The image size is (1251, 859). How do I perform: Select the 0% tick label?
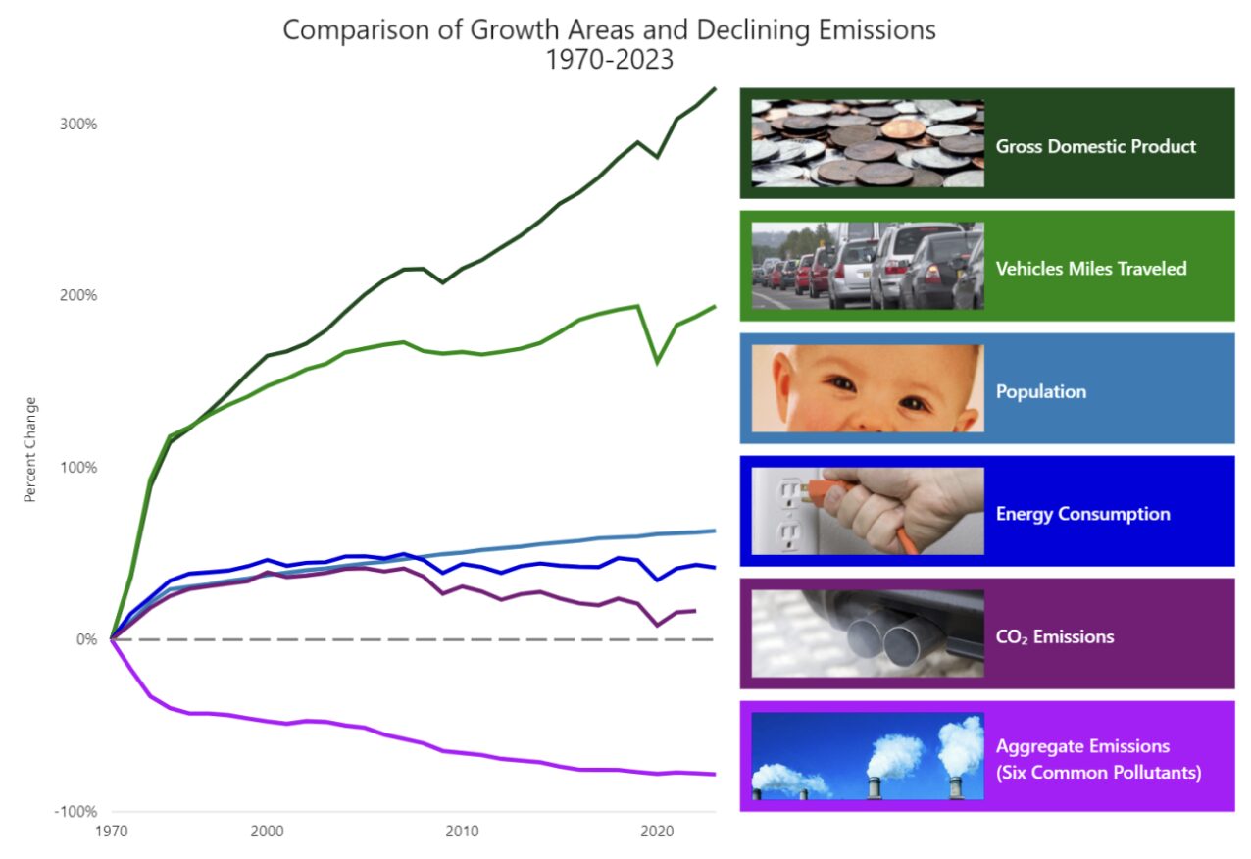[87, 639]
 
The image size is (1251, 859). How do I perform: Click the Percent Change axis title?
[29, 449]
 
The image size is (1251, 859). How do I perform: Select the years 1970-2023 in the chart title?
[610, 59]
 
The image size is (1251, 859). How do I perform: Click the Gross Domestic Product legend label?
[1095, 146]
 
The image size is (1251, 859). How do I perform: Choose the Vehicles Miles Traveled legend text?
[1091, 269]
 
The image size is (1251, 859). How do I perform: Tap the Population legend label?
[1041, 391]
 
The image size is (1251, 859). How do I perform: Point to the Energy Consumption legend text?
[1082, 514]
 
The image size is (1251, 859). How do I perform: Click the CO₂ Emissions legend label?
[1055, 636]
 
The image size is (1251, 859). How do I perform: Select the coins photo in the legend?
[868, 143]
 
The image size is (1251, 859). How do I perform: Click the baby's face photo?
[868, 388]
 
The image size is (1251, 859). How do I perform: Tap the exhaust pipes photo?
[868, 633]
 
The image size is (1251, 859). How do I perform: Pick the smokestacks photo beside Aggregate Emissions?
[868, 756]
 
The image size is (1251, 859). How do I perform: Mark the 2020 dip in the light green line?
[657, 363]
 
